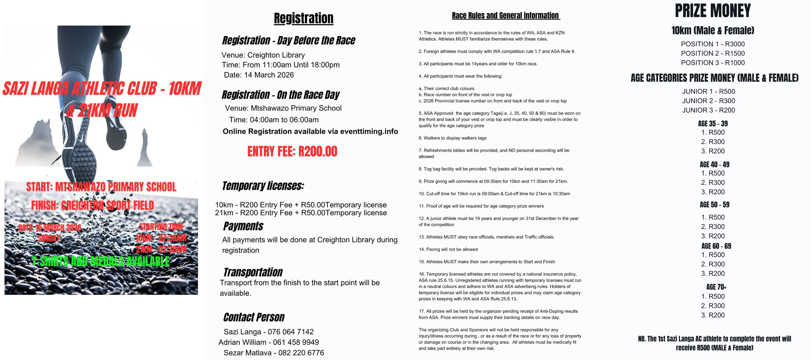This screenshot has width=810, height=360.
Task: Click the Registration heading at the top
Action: point(303,18)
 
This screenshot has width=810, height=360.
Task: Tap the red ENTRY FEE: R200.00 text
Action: point(292,152)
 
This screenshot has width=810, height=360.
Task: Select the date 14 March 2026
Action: point(259,75)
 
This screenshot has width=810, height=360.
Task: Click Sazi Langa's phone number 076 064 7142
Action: point(291,332)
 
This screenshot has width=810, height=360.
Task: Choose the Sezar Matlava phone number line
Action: point(273,353)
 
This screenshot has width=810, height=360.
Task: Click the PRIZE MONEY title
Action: point(712,11)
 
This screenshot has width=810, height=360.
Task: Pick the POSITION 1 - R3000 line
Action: point(712,44)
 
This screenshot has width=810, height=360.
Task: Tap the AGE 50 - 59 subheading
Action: point(714,205)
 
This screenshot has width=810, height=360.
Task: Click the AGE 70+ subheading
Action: point(716,287)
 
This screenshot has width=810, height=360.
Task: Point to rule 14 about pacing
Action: point(448,249)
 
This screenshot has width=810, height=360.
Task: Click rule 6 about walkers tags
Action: point(453,138)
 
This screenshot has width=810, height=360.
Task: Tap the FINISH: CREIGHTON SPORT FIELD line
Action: point(92,206)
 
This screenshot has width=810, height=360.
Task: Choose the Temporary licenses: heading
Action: point(263,186)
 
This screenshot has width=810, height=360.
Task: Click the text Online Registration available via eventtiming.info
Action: point(310,131)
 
